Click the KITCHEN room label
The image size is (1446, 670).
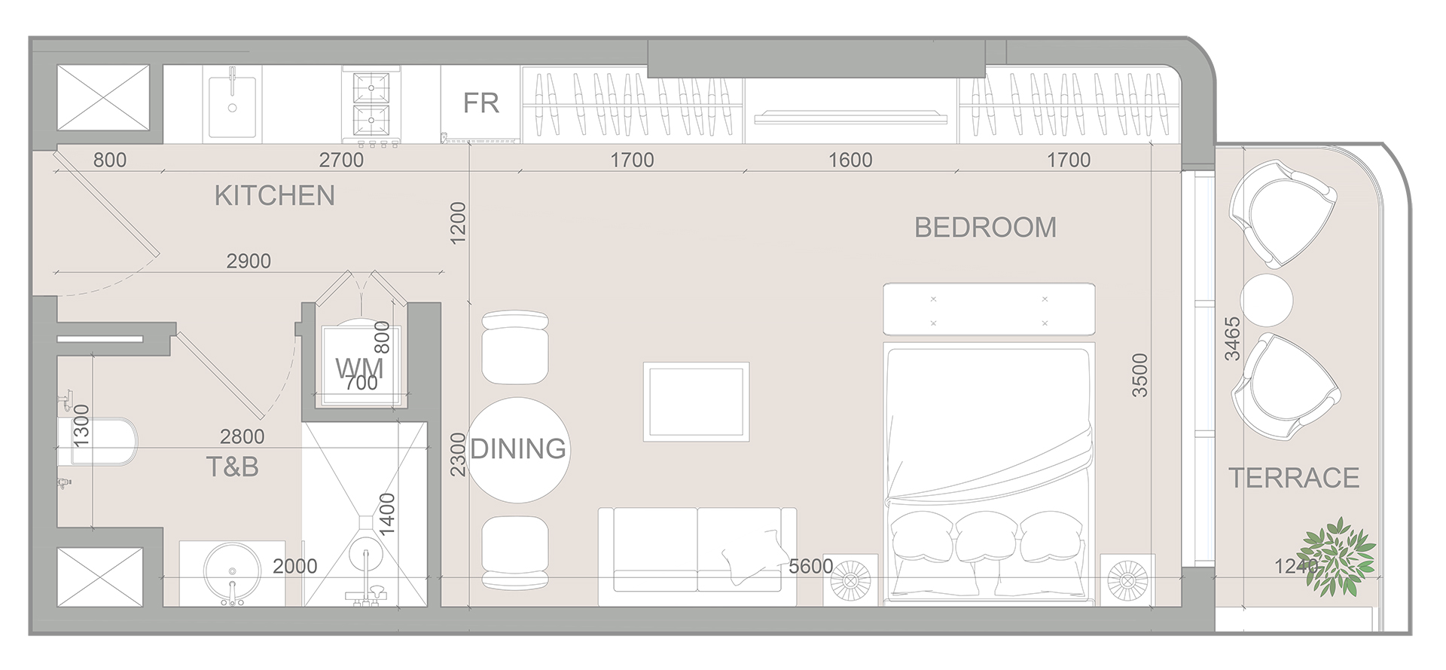[274, 196]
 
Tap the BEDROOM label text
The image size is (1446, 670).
[985, 228]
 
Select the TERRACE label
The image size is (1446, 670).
[1294, 478]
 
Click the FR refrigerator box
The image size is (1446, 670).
[480, 103]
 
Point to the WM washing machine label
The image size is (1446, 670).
[359, 369]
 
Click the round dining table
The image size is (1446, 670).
[518, 449]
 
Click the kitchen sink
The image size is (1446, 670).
[232, 106]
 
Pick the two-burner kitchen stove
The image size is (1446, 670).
[371, 105]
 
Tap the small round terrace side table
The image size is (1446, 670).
[1267, 300]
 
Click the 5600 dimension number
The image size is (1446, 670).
[810, 566]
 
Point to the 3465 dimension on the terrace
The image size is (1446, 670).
[1232, 338]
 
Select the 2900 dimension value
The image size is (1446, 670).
[249, 261]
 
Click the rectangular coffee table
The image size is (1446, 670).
[696, 402]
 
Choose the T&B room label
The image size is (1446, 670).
[233, 467]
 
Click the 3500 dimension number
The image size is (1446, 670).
[1140, 375]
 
